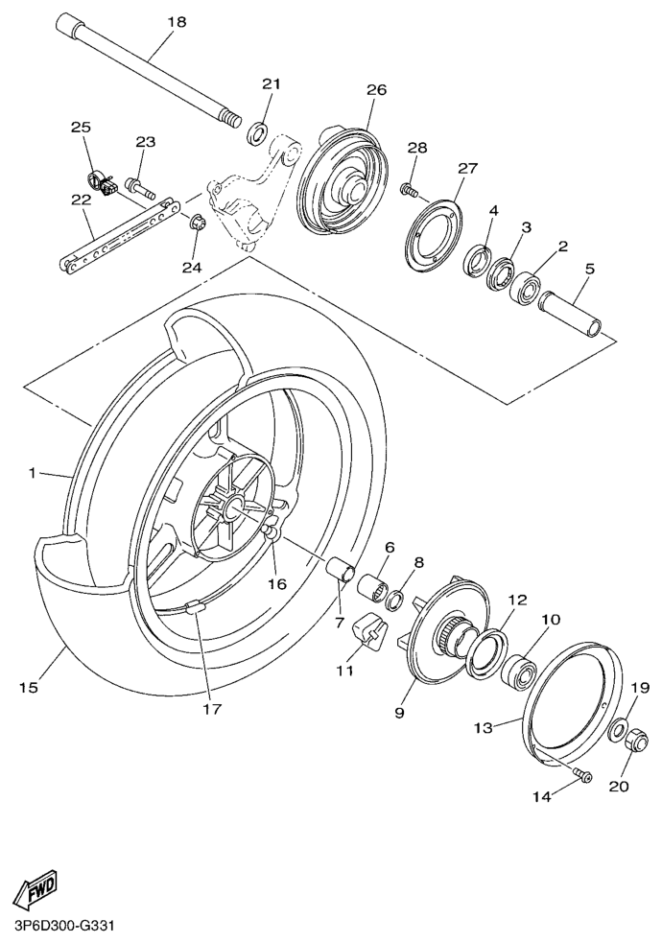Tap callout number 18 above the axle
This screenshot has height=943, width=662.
177,22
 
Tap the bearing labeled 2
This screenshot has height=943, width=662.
524,290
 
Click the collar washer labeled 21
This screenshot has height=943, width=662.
258,132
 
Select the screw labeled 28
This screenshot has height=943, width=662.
409,189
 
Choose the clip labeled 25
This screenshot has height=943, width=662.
101,183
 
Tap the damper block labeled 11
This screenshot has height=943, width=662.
367,630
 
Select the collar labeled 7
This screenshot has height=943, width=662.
341,570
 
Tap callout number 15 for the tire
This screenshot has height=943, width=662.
28,688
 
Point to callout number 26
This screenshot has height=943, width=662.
376,90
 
